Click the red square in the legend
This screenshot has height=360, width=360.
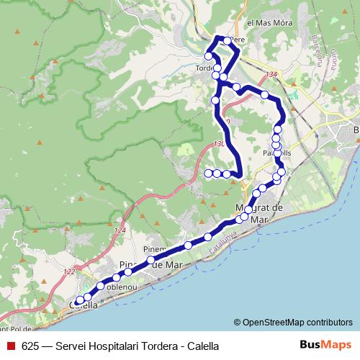click(x=10, y=346)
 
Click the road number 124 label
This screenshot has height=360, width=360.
click(x=120, y=230)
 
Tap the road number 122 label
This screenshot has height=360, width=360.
click(x=68, y=271)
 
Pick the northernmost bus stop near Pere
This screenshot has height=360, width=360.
click(x=227, y=40)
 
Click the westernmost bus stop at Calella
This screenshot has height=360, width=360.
click(x=79, y=301)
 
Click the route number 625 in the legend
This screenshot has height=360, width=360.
click(x=30, y=346)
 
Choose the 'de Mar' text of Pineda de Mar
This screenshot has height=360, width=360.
click(x=167, y=264)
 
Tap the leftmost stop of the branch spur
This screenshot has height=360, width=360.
click(x=208, y=173)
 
